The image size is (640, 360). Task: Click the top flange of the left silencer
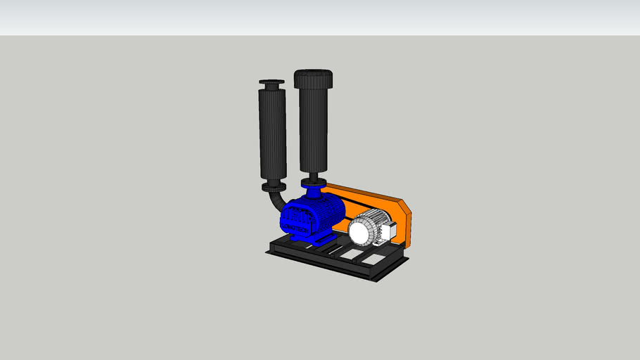point(271,85)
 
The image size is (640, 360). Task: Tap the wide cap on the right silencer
point(313,77)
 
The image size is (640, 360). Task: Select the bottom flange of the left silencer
point(274,187)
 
